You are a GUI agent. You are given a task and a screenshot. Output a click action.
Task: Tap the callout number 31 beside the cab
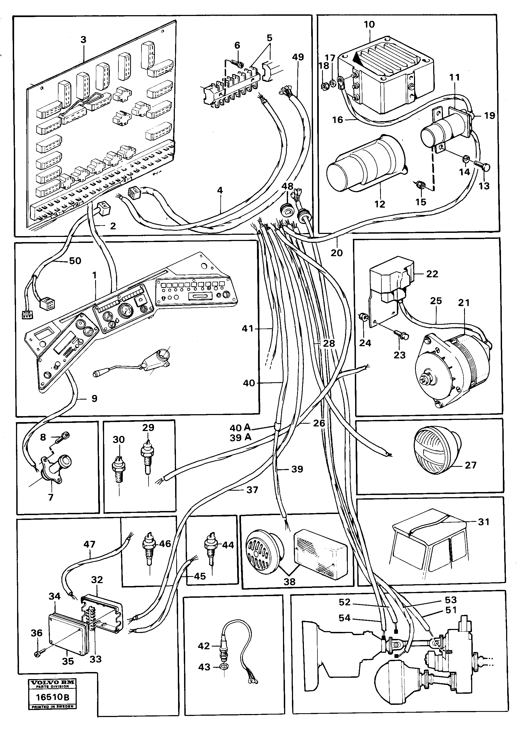click(483, 522)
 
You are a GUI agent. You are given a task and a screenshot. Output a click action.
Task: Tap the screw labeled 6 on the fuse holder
click(239, 63)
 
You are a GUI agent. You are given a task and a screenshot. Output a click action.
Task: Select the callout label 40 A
click(240, 428)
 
